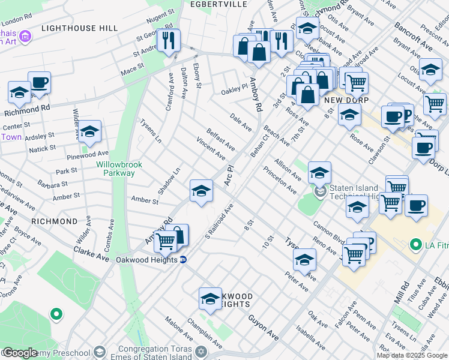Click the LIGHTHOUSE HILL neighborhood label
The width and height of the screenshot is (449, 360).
pos(71,28)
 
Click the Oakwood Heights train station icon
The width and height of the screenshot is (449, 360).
pos(184,260)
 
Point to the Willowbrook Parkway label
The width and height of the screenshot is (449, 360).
pos(115,168)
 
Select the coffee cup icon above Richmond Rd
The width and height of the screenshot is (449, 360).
pos(39,83)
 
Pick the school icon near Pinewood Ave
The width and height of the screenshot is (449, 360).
pos(89,131)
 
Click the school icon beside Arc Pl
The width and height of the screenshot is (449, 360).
pos(201,191)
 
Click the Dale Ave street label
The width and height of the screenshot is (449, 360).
pos(241,121)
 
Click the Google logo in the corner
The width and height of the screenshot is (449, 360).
pos(20,353)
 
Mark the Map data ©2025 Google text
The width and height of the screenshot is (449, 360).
pos(412,355)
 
